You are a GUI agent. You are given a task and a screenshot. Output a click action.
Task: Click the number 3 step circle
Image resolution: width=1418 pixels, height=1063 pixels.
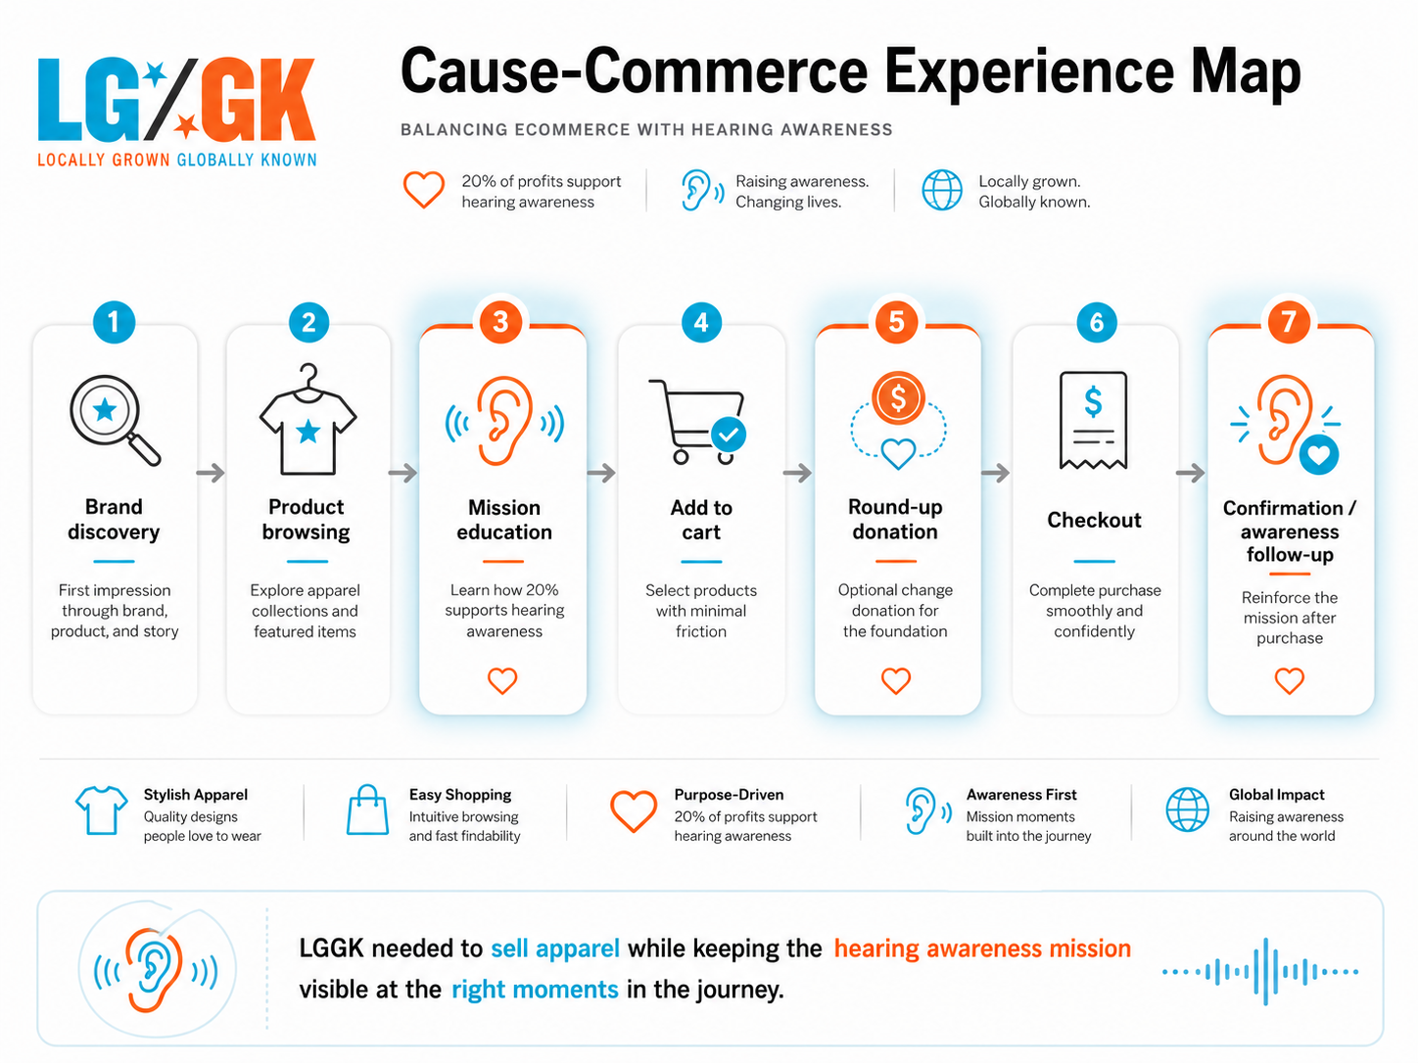[x=500, y=322]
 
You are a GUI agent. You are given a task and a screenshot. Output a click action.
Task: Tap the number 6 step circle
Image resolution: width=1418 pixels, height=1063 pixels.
[x=1096, y=322]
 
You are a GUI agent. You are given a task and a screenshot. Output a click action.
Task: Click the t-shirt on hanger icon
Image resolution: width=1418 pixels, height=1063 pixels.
[x=307, y=419]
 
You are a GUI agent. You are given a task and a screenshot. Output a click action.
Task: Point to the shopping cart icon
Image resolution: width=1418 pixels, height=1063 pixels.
[x=697, y=422]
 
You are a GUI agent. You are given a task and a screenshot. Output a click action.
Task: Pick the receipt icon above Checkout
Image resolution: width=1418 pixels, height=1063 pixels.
[x=1093, y=420]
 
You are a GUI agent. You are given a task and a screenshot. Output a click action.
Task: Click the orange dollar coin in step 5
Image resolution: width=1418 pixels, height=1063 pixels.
[x=898, y=398]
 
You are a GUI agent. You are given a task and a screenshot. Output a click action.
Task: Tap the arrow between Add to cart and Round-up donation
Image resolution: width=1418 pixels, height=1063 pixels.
[x=797, y=473]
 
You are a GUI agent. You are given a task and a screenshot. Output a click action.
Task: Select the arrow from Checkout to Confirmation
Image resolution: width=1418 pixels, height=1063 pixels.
[x=1190, y=473]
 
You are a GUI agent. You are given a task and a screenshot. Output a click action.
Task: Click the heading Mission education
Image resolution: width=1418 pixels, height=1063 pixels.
[x=504, y=520]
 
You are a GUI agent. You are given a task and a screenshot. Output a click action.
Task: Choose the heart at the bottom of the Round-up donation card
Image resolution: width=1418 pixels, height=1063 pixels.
[x=895, y=681]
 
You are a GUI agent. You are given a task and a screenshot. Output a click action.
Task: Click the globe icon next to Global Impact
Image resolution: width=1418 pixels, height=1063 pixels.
[x=1187, y=810]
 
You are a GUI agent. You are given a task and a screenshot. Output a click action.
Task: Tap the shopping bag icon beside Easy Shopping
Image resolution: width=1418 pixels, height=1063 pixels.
[x=367, y=810]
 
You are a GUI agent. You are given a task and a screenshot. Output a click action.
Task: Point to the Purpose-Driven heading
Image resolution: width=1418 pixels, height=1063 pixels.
[x=729, y=795]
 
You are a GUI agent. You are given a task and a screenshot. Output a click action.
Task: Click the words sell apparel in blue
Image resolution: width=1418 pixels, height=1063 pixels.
[x=555, y=948]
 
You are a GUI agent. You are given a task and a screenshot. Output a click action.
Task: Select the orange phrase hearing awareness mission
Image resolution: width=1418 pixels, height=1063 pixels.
[x=982, y=948]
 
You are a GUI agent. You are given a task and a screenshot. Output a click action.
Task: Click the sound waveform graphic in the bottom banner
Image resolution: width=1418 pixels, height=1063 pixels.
[x=1260, y=971]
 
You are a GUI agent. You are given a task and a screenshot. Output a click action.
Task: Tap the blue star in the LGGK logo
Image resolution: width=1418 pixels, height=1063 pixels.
[x=155, y=73]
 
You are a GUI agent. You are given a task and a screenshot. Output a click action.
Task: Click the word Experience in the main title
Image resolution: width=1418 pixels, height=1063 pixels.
[x=1029, y=73]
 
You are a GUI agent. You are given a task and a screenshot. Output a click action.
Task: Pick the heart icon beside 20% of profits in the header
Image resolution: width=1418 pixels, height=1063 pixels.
[x=424, y=189]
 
